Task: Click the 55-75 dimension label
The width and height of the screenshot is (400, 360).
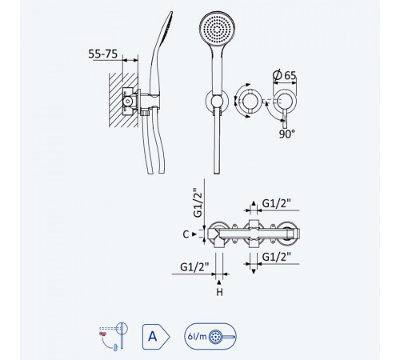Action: coord(103,54)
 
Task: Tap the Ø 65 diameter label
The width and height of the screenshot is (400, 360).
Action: coord(285,75)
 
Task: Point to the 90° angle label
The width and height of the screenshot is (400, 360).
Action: coord(287,134)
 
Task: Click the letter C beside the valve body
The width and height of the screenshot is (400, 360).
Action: coord(186,234)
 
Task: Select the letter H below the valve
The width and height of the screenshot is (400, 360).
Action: coord(219,292)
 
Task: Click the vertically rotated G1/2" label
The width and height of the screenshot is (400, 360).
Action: coord(198,203)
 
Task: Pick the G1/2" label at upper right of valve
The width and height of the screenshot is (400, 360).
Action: coord(276,203)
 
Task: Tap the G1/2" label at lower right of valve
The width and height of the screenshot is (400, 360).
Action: coord(276,257)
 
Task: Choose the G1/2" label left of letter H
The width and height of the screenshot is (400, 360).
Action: coord(194,267)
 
